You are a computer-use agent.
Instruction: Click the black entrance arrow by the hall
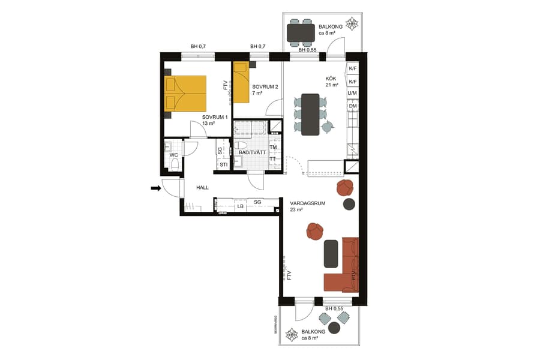point(155,188)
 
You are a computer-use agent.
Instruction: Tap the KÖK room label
point(331,79)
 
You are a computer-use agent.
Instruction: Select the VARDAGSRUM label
point(307,203)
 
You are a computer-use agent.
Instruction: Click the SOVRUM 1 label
point(214,117)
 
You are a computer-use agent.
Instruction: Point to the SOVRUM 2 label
point(265,87)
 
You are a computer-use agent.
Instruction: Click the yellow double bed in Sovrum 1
point(185,93)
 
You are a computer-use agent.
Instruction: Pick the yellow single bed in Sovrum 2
point(241,82)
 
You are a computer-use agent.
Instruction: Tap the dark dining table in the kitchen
point(310,114)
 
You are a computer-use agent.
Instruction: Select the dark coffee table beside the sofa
point(331,253)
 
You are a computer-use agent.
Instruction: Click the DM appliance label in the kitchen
point(353,106)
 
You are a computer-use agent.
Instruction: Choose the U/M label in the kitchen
point(353,94)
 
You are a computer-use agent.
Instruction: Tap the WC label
point(173,155)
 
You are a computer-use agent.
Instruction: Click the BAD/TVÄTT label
point(252,152)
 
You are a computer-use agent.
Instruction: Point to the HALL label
point(202,188)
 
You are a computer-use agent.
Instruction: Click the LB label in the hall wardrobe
point(240,206)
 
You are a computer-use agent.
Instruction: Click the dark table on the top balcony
point(301,32)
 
